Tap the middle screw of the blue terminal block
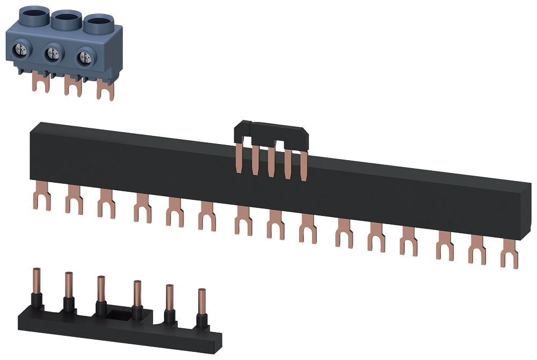coord(53,53)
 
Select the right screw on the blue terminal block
coord(83,57)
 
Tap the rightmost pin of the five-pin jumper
coord(304,167)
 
